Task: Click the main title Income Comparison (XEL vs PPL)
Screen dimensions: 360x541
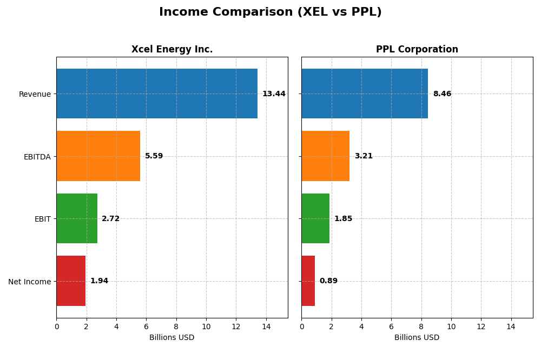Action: click(270, 12)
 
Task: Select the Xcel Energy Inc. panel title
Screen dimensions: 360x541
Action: click(172, 49)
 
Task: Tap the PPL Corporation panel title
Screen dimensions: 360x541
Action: click(417, 49)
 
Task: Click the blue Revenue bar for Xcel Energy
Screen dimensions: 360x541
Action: click(157, 94)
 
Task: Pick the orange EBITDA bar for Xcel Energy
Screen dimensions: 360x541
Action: click(98, 156)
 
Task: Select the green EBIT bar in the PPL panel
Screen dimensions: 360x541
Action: click(315, 218)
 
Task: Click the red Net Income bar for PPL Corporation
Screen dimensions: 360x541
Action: click(308, 281)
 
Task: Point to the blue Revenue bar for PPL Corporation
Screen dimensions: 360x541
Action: click(365, 94)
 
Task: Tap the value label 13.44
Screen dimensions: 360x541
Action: click(274, 94)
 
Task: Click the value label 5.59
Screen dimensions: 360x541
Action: click(154, 156)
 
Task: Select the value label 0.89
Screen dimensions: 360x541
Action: click(328, 281)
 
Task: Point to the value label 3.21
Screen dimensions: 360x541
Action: click(364, 156)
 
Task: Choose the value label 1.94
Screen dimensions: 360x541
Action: click(99, 281)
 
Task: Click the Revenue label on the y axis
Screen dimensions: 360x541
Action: click(35, 94)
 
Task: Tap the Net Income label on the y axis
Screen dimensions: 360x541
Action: click(29, 281)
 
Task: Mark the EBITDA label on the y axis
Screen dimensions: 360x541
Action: click(37, 157)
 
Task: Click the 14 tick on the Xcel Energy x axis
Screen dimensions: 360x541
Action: click(266, 326)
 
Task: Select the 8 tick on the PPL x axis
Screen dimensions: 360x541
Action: click(421, 326)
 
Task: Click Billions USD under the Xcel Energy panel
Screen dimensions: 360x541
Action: click(171, 337)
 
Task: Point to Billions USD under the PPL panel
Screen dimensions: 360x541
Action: click(417, 337)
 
